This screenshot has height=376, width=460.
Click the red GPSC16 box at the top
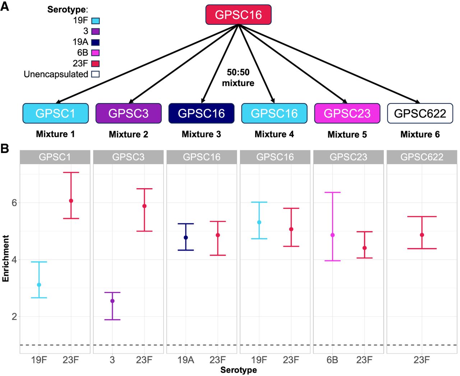pyautogui.click(x=238, y=15)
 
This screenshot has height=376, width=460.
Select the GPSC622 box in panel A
pyautogui.click(x=420, y=113)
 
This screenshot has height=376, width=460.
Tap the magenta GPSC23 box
pyautogui.click(x=347, y=113)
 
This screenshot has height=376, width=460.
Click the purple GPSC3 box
pyautogui.click(x=128, y=113)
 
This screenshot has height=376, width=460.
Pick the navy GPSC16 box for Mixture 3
pyautogui.click(x=201, y=113)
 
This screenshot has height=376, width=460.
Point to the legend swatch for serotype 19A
pyautogui.click(x=95, y=42)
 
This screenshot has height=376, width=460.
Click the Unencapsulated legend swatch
pyautogui.click(x=95, y=74)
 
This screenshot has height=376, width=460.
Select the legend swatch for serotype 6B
pyautogui.click(x=95, y=53)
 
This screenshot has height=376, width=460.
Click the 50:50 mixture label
pyautogui.click(x=238, y=78)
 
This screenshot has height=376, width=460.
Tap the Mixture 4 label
pyautogui.click(x=274, y=134)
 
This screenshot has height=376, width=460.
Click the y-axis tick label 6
pyautogui.click(x=14, y=203)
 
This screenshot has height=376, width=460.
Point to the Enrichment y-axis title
pyautogui.click(x=5, y=258)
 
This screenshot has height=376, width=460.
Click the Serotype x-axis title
pyautogui.click(x=239, y=370)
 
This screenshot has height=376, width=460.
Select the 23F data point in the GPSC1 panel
pyautogui.click(x=71, y=201)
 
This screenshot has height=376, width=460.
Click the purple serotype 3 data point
pyautogui.click(x=112, y=301)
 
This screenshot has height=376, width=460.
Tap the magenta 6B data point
pyautogui.click(x=332, y=235)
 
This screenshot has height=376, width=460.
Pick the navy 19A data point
pyautogui.click(x=186, y=238)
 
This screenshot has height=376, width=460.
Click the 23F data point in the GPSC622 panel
pyautogui.click(x=422, y=235)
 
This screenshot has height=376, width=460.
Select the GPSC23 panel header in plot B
pyautogui.click(x=348, y=157)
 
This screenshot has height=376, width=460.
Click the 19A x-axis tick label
pyautogui.click(x=186, y=359)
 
